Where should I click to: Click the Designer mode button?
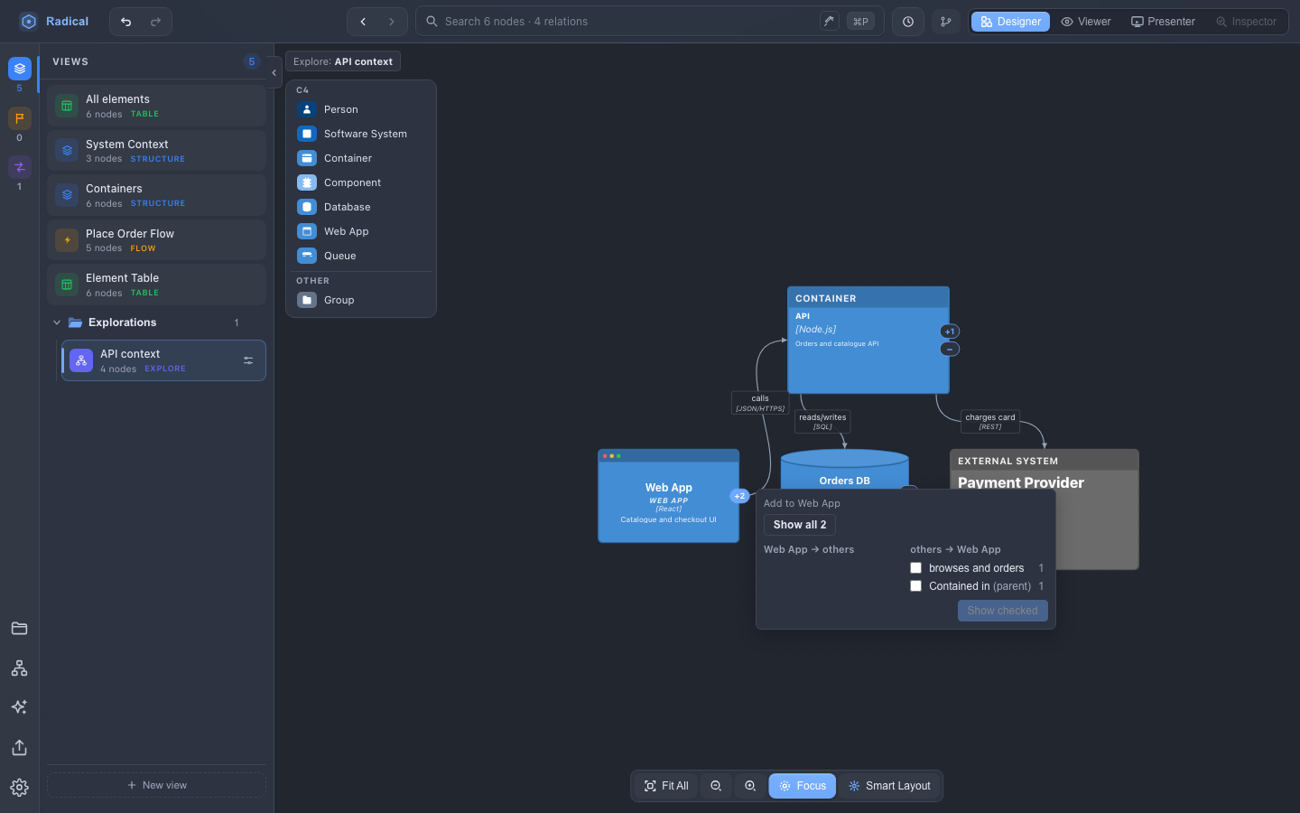tap(1010, 22)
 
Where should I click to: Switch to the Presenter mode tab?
tap(1163, 22)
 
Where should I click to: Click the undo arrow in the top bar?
tap(126, 22)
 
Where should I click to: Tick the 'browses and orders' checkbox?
tap(915, 568)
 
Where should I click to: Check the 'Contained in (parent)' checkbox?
tap(915, 586)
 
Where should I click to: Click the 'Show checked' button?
tap(1002, 611)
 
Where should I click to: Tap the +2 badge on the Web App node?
tap(739, 496)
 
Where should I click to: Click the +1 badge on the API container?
tap(950, 332)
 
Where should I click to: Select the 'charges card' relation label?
tap(990, 422)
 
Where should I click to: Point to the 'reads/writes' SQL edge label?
tap(822, 422)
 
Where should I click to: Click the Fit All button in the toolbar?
tap(666, 786)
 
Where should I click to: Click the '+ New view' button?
tap(157, 785)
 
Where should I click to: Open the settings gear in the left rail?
tap(19, 788)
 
